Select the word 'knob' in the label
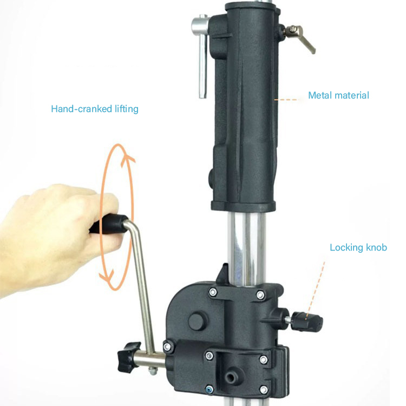(x=376, y=247)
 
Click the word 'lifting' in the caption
(x=127, y=109)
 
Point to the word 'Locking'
(x=346, y=248)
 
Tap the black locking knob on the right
(x=307, y=322)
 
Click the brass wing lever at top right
(x=300, y=37)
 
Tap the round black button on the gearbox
(x=196, y=322)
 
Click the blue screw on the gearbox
(x=209, y=389)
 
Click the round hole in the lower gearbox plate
(x=230, y=377)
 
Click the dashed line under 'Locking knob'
(x=315, y=290)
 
